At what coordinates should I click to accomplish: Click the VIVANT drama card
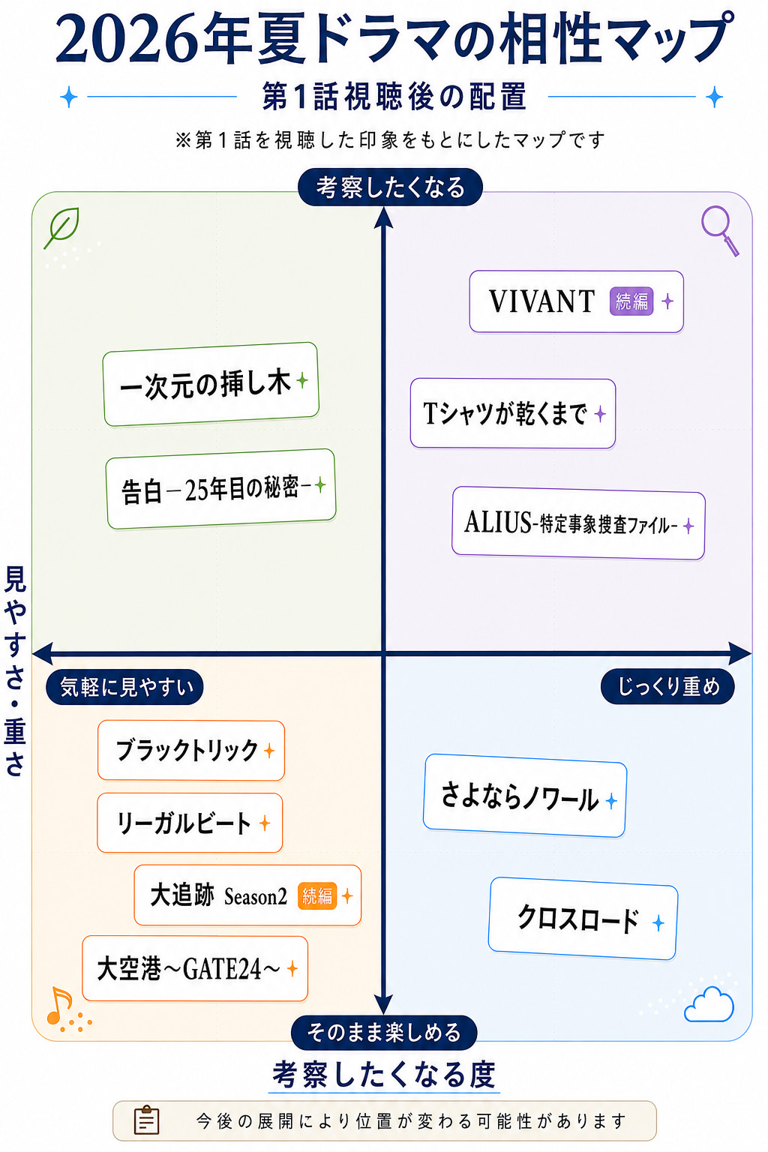(576, 301)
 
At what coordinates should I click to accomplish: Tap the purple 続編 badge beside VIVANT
(631, 301)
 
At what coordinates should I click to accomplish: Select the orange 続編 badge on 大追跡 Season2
(316, 896)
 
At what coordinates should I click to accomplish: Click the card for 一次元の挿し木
(211, 384)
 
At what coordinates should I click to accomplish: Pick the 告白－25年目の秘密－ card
(220, 488)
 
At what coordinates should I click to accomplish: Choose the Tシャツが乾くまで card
(513, 413)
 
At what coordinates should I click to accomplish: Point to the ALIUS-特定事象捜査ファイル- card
(578, 523)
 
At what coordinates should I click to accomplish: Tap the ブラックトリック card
(191, 750)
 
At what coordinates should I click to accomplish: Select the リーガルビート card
(190, 823)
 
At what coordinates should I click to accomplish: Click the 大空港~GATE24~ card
(195, 968)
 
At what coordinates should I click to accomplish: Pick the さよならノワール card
(525, 796)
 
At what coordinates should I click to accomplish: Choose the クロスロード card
(583, 919)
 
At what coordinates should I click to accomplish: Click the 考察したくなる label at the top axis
(391, 187)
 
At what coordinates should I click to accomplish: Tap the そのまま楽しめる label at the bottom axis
(384, 1033)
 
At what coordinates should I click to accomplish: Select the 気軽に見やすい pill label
(125, 686)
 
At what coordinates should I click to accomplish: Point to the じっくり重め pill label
(667, 686)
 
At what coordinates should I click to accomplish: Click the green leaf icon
(62, 226)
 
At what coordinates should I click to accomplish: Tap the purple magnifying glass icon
(719, 230)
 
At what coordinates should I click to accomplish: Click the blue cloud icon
(709, 1004)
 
